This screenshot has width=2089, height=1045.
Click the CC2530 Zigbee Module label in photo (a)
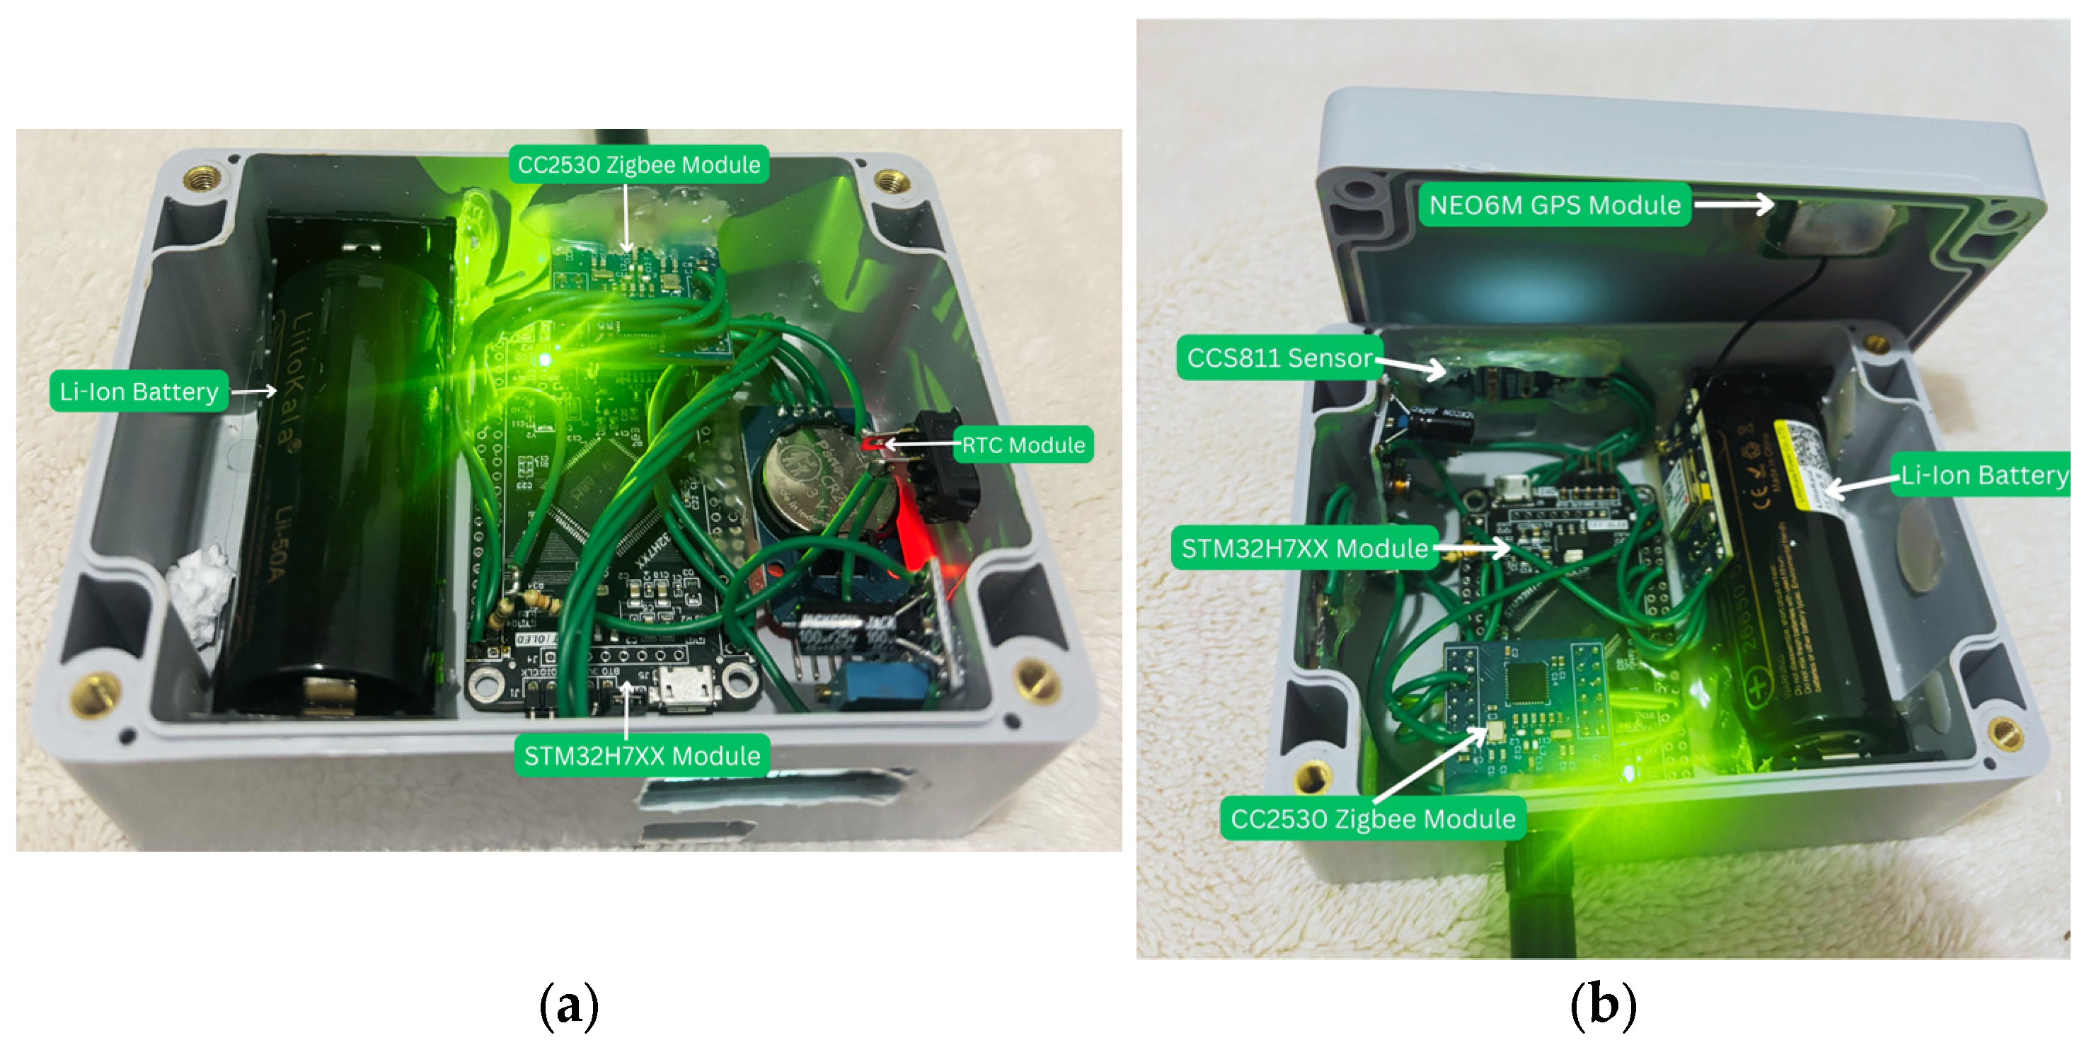(639, 165)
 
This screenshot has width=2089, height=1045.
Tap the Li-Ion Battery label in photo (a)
(139, 392)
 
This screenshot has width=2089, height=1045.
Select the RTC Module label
(1023, 445)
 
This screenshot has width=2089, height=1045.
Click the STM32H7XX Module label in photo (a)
(643, 756)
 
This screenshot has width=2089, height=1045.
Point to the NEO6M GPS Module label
(1555, 205)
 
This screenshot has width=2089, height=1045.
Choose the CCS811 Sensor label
(1279, 358)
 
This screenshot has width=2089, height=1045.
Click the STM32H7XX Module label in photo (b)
(1304, 549)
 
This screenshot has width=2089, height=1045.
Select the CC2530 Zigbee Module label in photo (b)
(1373, 818)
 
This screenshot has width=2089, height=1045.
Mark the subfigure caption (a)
(569, 1005)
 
